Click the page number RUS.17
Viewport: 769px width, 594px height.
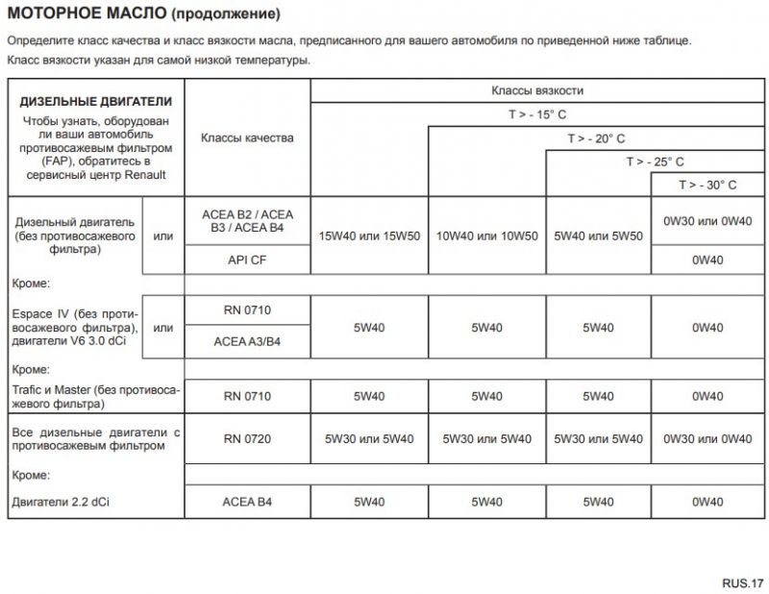tap(743, 582)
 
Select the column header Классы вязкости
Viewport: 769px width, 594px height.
tap(537, 90)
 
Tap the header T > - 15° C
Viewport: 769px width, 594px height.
tap(537, 114)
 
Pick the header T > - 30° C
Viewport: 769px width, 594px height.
tap(707, 185)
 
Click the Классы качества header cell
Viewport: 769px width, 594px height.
tap(247, 137)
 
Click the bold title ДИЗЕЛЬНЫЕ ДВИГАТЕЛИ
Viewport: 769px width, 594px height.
tap(96, 101)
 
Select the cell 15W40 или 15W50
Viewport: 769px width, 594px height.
tap(369, 235)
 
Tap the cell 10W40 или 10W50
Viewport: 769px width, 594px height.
tap(486, 235)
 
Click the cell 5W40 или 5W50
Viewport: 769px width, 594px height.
tap(598, 235)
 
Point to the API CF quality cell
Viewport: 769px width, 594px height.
tap(247, 260)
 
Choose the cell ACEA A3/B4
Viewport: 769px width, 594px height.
tap(247, 341)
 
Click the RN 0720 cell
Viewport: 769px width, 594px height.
tap(247, 438)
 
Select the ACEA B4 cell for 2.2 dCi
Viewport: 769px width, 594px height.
tap(247, 501)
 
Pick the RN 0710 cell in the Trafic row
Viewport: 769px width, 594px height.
tap(247, 396)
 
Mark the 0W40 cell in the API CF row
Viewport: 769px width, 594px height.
tap(707, 260)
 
